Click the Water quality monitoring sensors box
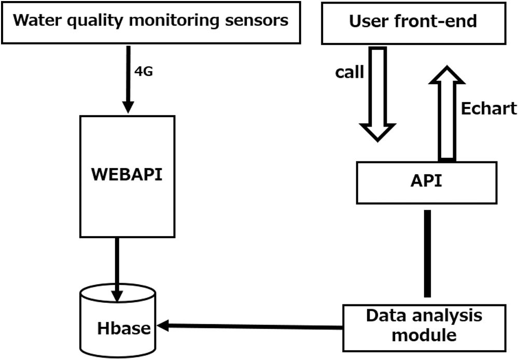tap(151, 22)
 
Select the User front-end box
tap(413, 22)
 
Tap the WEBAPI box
tap(127, 174)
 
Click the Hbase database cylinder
tap(119, 321)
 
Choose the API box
tap(426, 182)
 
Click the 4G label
tap(144, 72)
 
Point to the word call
tap(349, 72)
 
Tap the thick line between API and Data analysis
tap(427, 254)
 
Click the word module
tap(424, 335)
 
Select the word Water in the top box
tap(32, 21)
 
